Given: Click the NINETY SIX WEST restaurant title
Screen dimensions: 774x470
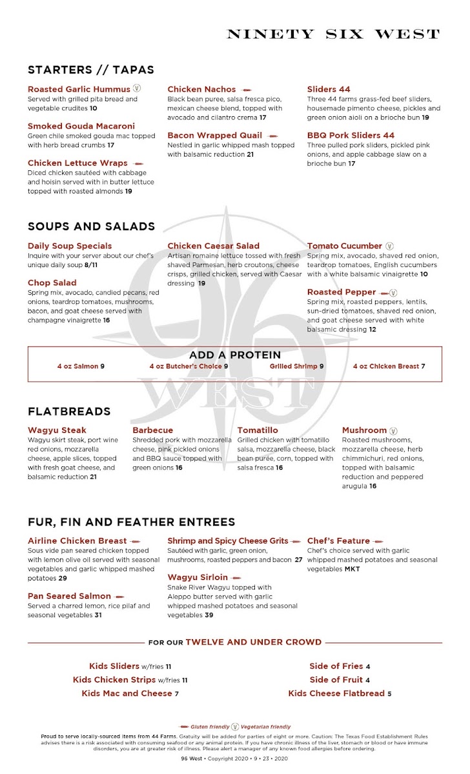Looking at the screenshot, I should click(333, 34).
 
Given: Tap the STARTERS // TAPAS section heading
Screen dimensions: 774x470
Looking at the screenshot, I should click(91, 70).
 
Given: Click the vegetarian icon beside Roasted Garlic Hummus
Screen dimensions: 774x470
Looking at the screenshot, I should click(137, 89).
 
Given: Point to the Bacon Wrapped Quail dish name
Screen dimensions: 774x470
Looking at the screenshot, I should click(215, 135).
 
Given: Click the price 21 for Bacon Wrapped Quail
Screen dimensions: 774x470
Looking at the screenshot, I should click(250, 155).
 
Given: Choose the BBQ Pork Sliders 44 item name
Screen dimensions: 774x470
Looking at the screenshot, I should click(351, 135).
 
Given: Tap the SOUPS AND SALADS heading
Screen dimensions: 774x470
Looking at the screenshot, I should click(91, 226).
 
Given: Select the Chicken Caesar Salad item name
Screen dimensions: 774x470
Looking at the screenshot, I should click(213, 246).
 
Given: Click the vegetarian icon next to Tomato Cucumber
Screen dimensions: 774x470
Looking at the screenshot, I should click(389, 246).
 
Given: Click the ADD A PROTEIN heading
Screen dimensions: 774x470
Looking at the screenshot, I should click(235, 355).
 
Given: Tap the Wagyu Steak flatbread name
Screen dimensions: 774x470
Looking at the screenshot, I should click(57, 430).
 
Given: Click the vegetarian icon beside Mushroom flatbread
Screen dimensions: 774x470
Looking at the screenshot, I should click(394, 430).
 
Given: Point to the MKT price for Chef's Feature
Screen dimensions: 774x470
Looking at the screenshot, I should click(352, 570).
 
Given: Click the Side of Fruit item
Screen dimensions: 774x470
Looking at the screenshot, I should click(340, 680).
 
